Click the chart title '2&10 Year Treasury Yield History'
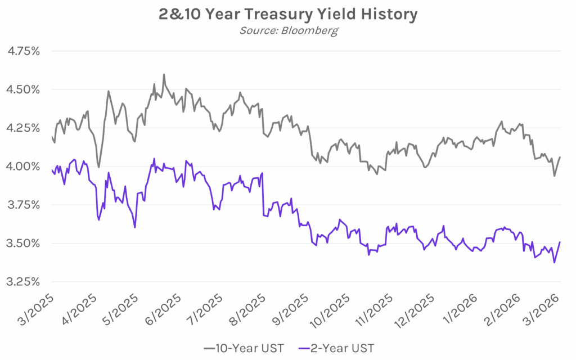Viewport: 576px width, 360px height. [288, 14]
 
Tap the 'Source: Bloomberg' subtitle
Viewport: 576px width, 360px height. [288, 30]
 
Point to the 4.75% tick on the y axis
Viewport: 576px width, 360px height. [24, 51]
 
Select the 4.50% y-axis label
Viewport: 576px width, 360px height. [24, 89]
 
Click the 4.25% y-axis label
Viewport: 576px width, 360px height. [24, 128]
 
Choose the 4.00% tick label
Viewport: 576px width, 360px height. [24, 166]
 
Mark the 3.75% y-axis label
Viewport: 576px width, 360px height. [24, 205]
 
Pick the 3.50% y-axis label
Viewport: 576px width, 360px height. [24, 244]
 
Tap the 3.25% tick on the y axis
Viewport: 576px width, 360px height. [24, 282]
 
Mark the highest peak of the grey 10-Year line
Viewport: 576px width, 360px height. [164, 74]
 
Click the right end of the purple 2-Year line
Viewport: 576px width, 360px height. [560, 242]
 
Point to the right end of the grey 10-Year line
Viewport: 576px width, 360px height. [560, 157]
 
